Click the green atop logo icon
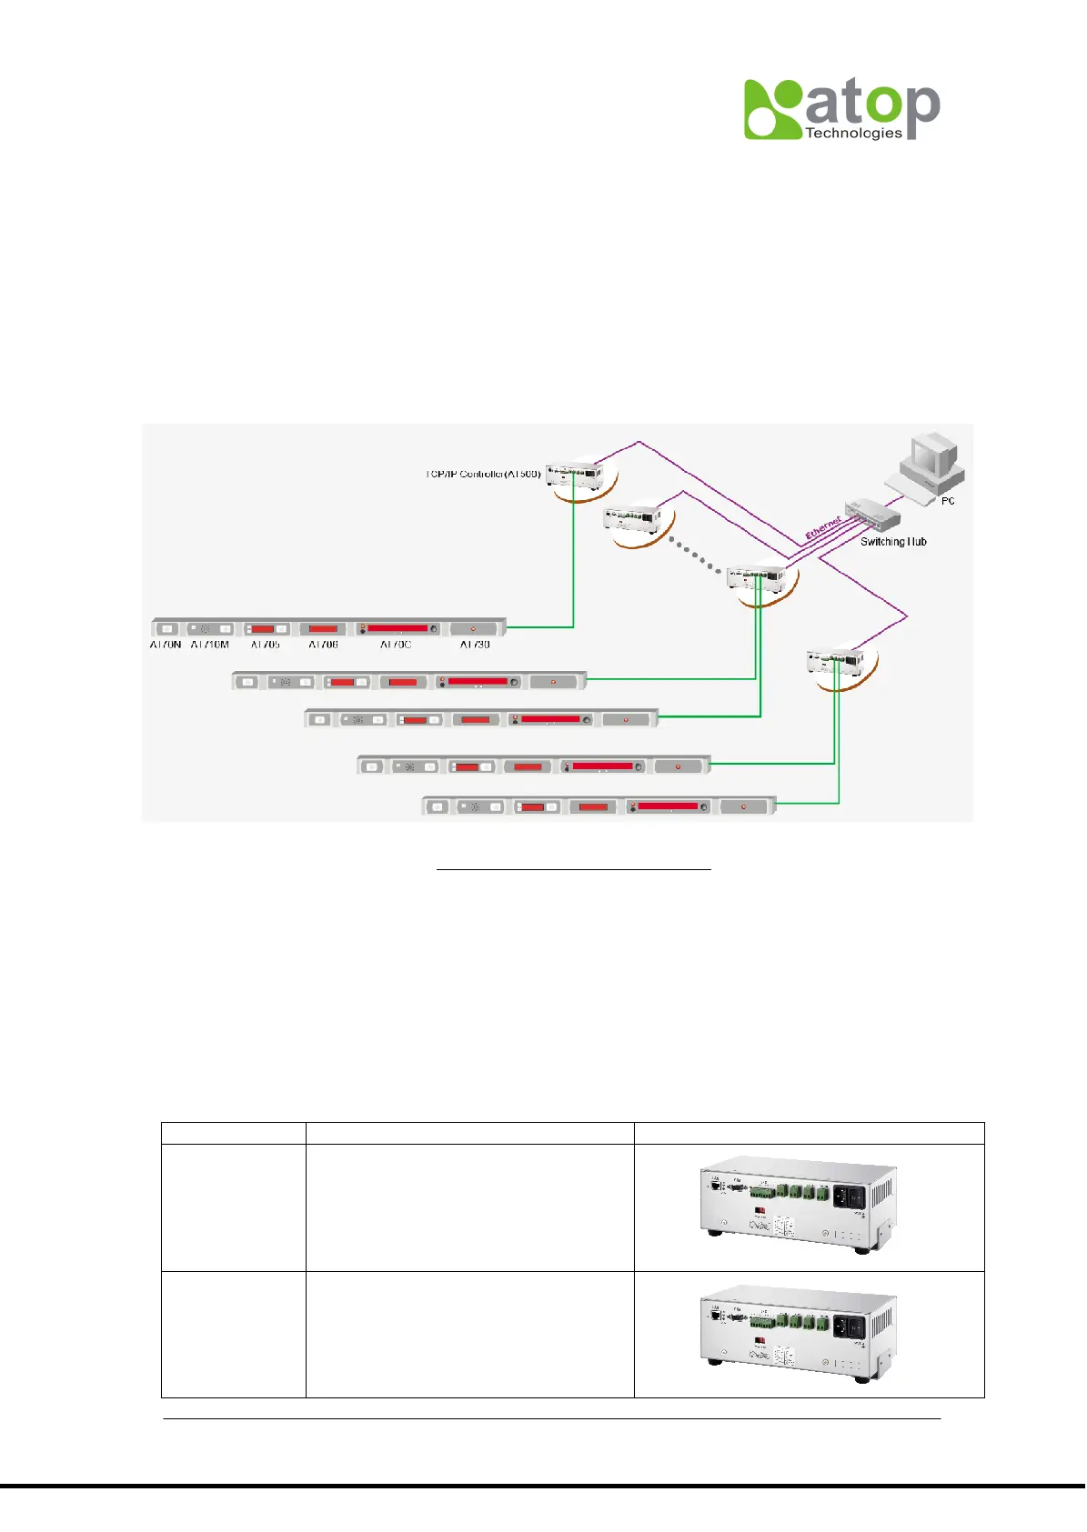[x=773, y=109]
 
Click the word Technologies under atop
[x=853, y=134]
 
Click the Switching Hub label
[x=893, y=542]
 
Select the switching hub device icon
[x=871, y=515]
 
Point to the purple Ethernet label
[x=823, y=527]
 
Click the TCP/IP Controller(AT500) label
[x=484, y=474]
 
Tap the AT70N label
[x=166, y=645]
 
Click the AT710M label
[x=210, y=645]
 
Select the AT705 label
[x=266, y=645]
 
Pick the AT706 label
[x=323, y=645]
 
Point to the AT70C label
[x=396, y=645]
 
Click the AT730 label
[x=475, y=645]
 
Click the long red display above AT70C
[x=398, y=628]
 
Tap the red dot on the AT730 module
[x=473, y=628]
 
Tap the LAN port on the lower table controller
[x=716, y=1315]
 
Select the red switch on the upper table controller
[x=760, y=1212]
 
